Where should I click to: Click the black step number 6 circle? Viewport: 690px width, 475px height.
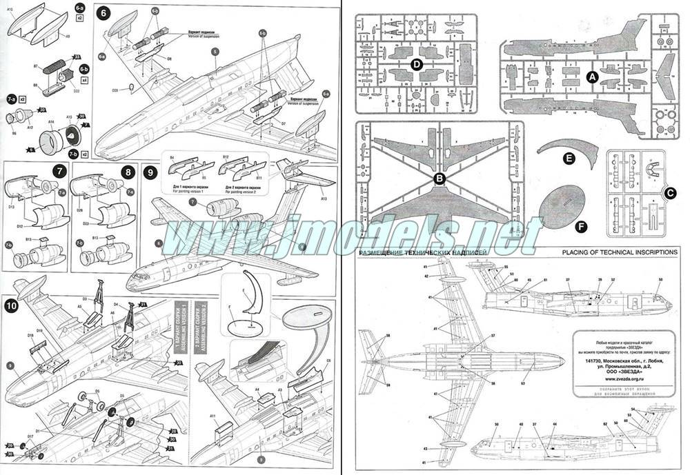[x=101, y=13]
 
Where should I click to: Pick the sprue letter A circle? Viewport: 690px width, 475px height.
[x=591, y=78]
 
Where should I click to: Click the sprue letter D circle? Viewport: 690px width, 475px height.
[x=416, y=64]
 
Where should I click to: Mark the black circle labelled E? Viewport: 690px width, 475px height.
[x=569, y=159]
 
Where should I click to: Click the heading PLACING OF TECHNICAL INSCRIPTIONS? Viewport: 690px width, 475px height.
[x=620, y=253]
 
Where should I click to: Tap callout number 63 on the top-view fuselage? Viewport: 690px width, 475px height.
[x=523, y=382]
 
